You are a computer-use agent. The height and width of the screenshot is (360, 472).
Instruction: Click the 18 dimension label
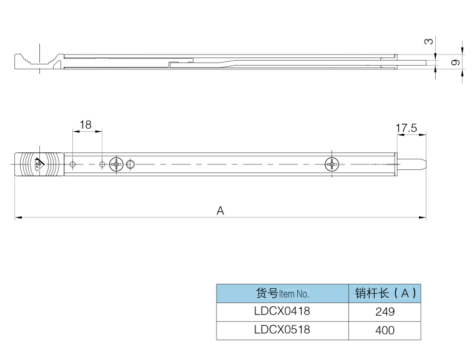[86, 124]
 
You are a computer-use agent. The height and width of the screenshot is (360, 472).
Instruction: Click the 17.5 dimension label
[406, 128]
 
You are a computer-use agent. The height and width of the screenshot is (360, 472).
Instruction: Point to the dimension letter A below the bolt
[220, 211]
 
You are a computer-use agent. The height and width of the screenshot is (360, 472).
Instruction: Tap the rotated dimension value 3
[429, 41]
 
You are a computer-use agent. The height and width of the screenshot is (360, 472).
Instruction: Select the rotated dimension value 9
[455, 62]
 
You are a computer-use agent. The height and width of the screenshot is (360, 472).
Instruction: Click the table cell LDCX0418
[282, 311]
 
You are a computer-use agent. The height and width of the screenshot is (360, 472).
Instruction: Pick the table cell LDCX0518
[282, 330]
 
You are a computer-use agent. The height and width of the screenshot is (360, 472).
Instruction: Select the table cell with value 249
[385, 311]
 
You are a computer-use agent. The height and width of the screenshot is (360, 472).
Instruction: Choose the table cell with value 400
[385, 330]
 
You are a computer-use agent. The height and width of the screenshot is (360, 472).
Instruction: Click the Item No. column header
[282, 293]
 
